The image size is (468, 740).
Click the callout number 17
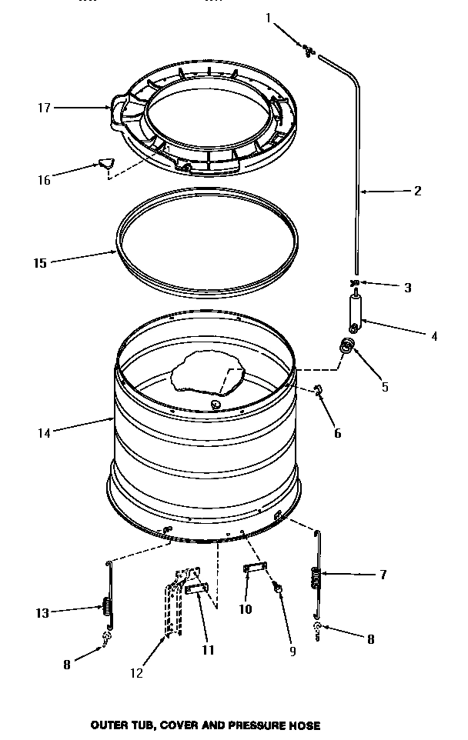44,108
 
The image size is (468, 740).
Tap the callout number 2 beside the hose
417,191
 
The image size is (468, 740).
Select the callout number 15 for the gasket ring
40,263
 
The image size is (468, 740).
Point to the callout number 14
44,433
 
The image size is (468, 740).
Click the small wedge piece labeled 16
105,162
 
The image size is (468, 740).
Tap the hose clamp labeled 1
309,51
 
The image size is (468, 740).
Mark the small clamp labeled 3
356,283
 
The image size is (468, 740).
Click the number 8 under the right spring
370,639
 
